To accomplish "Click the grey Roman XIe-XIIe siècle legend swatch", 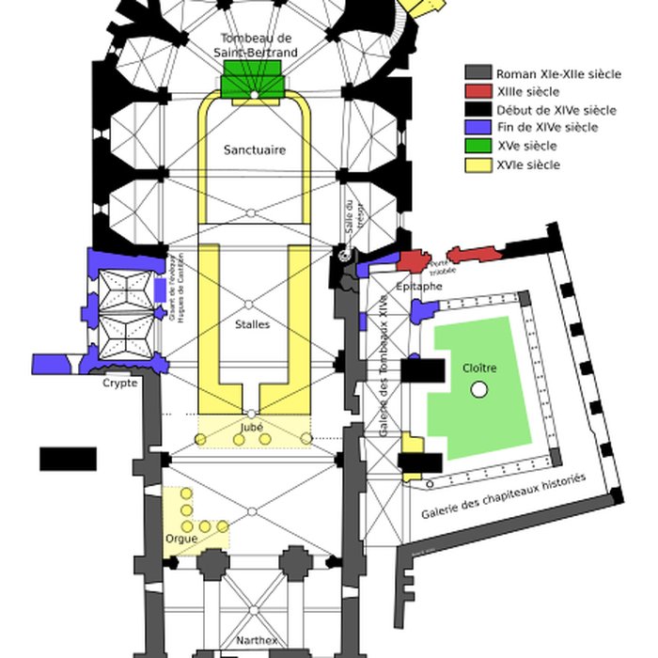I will click(x=478, y=73).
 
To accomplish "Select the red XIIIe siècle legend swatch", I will click(x=478, y=91).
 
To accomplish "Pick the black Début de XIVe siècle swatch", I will click(x=478, y=110).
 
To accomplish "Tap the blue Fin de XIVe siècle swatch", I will click(x=478, y=128).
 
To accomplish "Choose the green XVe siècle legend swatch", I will click(x=478, y=146).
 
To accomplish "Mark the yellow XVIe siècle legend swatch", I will click(x=478, y=164).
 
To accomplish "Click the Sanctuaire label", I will click(x=254, y=150).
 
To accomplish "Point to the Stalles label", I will click(x=252, y=325).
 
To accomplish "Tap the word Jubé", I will click(x=252, y=425).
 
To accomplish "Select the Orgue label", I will click(x=180, y=540).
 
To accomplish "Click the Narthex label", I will click(x=257, y=640).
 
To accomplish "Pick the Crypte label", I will click(x=120, y=384).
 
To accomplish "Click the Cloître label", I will click(x=479, y=368).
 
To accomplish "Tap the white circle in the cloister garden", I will click(x=479, y=389).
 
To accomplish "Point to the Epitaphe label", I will click(x=419, y=285).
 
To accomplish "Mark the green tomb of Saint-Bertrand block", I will click(x=252, y=84).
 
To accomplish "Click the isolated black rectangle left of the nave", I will click(x=68, y=459).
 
